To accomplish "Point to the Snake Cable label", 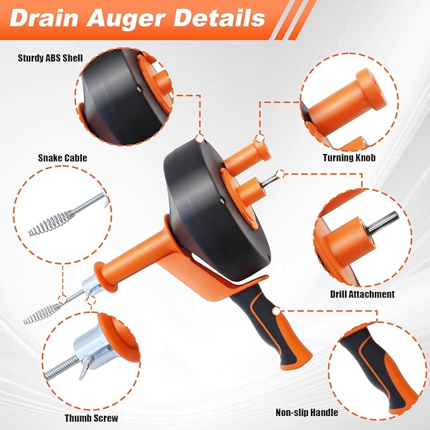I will [62, 158].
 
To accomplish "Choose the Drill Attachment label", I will [362, 294].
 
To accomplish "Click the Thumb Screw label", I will [91, 418].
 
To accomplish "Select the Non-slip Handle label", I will [307, 413].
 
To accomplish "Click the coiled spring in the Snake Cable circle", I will [48, 221].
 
